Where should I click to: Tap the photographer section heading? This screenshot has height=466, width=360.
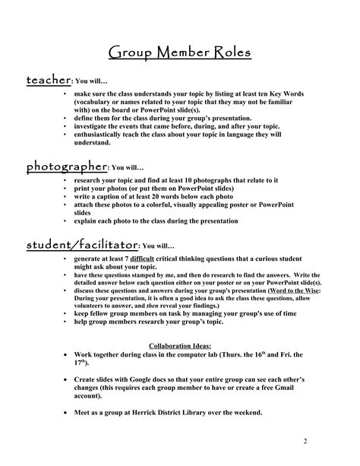coord(67,166)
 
